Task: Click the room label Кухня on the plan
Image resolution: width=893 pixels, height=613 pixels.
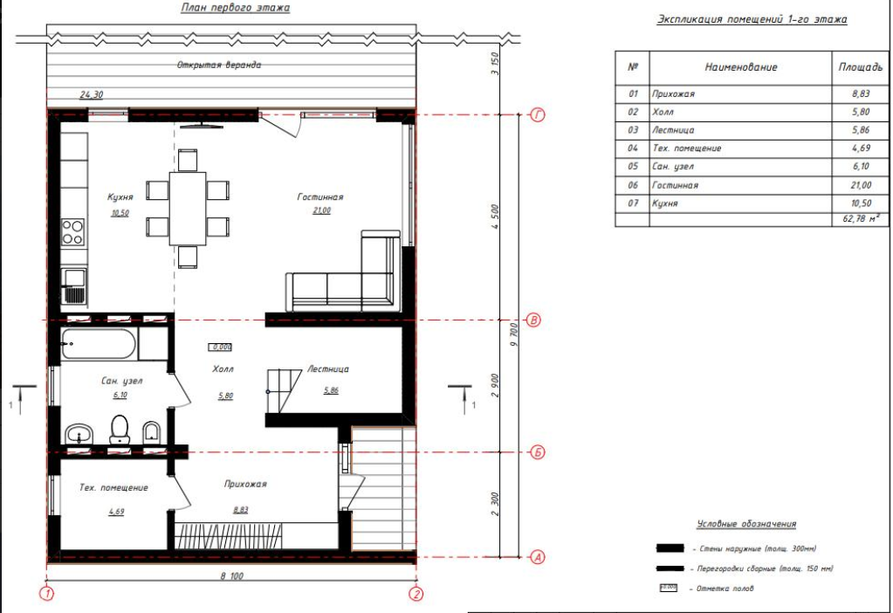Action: pos(120,197)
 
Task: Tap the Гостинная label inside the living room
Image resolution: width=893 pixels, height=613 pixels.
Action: pos(320,197)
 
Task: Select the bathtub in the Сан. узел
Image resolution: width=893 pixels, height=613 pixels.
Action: pos(98,344)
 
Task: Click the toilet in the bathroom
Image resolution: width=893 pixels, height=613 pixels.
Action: pos(120,429)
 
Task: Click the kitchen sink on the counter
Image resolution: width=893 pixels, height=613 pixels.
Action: pos(73,286)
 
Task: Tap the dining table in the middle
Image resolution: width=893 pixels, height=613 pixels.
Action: pos(188,209)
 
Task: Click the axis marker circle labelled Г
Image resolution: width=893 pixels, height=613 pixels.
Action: pos(537,115)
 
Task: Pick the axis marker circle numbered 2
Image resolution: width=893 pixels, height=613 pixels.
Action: pos(416,594)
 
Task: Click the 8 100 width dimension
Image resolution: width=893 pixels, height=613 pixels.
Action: pos(232,576)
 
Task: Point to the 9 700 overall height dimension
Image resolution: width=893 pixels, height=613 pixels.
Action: pos(513,335)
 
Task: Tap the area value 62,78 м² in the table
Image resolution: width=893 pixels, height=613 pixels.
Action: pos(861,219)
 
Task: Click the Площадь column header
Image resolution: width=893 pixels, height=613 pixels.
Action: pos(860,67)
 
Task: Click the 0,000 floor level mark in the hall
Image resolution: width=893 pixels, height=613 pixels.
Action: pos(221,347)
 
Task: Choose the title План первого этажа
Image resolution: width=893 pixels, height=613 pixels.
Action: pos(235,8)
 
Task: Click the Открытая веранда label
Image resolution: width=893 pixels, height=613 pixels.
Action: pos(219,65)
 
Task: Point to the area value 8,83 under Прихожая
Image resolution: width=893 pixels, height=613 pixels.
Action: pos(240,510)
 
